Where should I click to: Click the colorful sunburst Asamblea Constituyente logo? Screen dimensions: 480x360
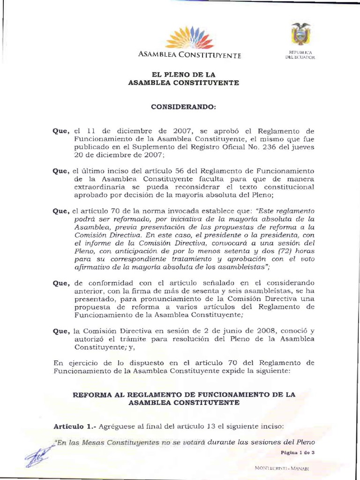[189, 38]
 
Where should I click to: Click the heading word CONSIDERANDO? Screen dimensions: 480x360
[183, 107]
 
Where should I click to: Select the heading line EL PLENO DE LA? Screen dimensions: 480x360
[183, 75]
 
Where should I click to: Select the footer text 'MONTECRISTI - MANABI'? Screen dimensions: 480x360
[285, 468]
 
